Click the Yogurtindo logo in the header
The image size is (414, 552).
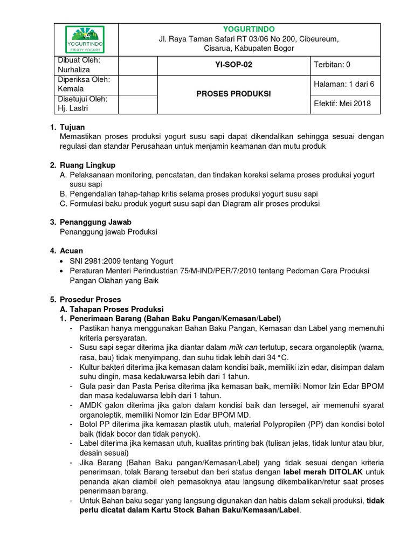click(x=85, y=39)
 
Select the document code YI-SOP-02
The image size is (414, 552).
click(x=233, y=65)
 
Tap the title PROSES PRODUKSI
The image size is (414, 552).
click(x=233, y=94)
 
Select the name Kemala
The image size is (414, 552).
click(x=71, y=88)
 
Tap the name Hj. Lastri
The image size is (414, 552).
click(x=73, y=108)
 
